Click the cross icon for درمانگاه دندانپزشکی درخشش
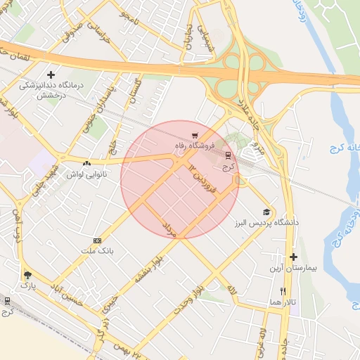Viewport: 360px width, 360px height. [51, 75]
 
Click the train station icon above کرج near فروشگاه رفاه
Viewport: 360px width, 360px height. [227, 156]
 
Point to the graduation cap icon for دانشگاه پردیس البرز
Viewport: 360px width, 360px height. [266, 212]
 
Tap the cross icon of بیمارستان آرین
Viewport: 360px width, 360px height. [293, 257]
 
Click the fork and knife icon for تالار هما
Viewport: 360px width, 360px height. [283, 291]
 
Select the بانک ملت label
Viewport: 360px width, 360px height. [97, 250]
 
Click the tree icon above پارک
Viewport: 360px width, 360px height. [27, 275]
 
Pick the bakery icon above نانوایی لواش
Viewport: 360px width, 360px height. [86, 162]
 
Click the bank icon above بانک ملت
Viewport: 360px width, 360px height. [97, 240]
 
